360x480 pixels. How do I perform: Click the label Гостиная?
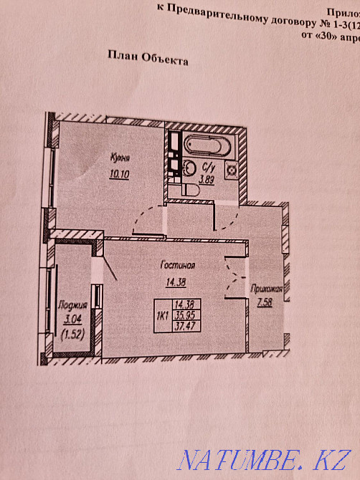coord(179,264)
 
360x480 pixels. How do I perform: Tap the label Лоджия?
coord(70,304)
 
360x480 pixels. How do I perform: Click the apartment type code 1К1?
coord(163,314)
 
